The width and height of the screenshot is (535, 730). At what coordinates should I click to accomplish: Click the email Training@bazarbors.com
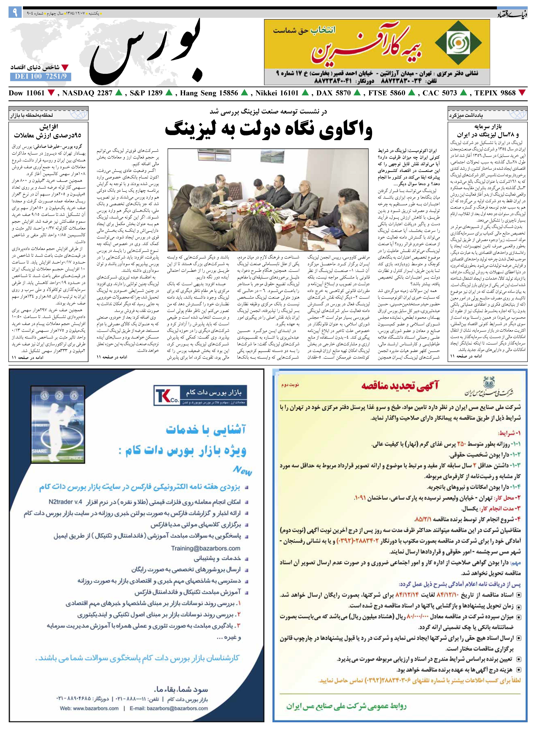coord(206,548)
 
